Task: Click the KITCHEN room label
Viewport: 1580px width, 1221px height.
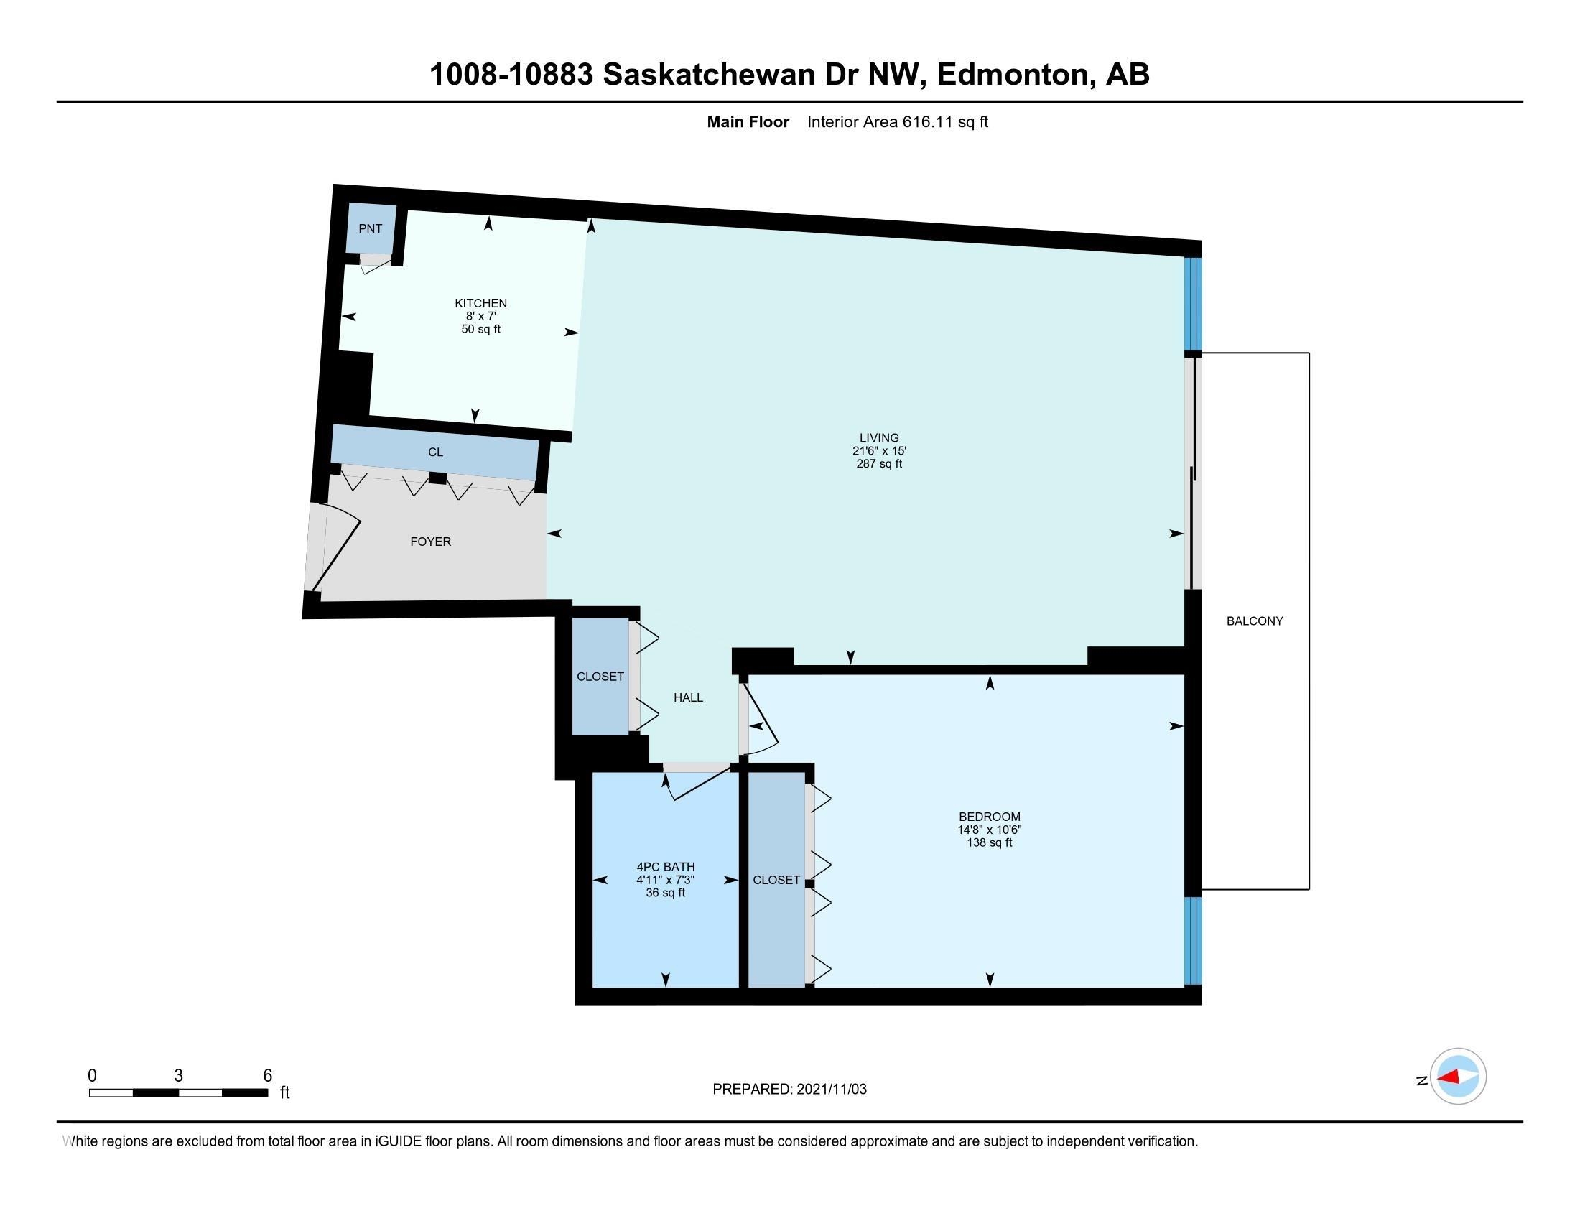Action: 480,303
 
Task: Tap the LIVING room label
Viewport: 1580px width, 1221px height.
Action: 879,437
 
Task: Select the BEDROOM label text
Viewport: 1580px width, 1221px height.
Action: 990,817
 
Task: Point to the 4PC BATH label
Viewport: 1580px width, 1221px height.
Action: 666,867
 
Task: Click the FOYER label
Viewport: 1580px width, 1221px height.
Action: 430,542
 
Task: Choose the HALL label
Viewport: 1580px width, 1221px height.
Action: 688,698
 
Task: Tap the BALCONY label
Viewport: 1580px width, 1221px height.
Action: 1255,621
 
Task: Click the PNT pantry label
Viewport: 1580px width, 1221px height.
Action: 371,228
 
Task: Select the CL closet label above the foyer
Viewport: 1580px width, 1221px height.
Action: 435,452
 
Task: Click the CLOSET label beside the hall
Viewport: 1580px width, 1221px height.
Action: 600,677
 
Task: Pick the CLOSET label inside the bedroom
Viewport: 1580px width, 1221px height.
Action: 776,880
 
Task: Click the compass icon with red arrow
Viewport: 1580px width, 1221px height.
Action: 1458,1077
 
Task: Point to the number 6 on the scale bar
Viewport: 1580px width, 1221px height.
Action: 267,1076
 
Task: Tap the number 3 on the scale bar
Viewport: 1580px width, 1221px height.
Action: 178,1076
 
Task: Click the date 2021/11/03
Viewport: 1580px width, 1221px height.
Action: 831,1090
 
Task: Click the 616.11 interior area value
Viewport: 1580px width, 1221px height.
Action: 928,121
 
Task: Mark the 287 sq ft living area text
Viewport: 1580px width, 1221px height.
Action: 879,464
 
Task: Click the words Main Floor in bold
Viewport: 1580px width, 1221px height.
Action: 748,121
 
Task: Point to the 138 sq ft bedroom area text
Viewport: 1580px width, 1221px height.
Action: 990,842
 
